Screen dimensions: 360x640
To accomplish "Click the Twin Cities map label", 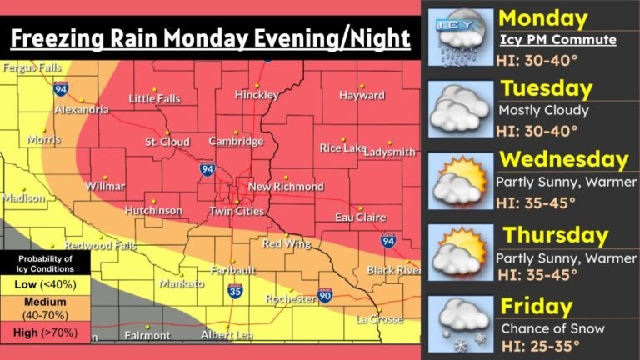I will [x=237, y=212].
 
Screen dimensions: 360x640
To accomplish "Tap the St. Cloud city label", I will [x=168, y=142].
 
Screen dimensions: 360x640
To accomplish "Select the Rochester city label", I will [x=290, y=298].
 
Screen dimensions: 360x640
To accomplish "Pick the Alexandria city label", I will [x=81, y=110].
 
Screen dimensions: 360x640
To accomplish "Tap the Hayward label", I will [x=362, y=96].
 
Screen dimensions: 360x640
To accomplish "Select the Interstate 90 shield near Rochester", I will [x=325, y=296].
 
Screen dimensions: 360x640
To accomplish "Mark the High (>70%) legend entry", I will [x=45, y=333].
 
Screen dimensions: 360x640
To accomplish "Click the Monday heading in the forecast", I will [x=542, y=19].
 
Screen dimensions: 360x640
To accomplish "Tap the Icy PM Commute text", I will [x=557, y=40].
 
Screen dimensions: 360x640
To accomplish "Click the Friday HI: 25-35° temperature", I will [x=548, y=345].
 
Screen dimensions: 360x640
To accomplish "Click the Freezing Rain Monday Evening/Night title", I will [x=210, y=38].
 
